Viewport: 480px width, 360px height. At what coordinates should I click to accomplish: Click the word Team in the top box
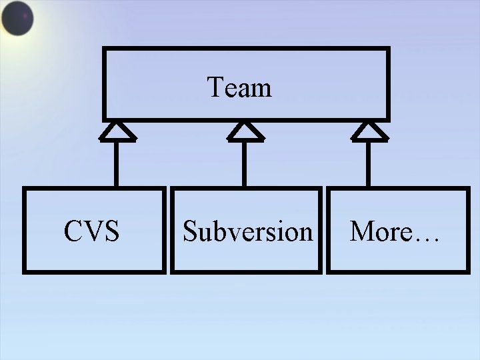click(239, 87)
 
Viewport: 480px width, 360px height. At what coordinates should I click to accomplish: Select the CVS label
click(91, 231)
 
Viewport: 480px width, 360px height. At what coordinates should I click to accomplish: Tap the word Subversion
click(247, 231)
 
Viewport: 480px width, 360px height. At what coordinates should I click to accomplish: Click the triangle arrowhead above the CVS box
click(117, 132)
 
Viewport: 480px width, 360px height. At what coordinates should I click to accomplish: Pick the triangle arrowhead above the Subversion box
click(245, 132)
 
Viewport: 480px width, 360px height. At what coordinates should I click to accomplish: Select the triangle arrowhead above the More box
click(369, 132)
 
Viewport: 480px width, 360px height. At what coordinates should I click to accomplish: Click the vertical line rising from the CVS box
click(117, 164)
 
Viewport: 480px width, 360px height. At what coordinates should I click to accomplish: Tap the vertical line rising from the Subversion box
click(245, 164)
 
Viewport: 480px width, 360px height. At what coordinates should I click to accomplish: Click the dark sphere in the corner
click(17, 18)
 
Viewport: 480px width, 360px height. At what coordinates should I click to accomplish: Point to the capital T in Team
click(215, 87)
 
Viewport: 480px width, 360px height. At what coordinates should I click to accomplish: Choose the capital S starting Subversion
click(189, 231)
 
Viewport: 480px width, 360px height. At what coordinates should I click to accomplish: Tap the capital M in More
click(363, 231)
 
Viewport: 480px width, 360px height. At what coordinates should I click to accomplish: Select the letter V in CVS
click(92, 231)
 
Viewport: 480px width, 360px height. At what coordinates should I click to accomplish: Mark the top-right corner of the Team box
click(387, 49)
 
